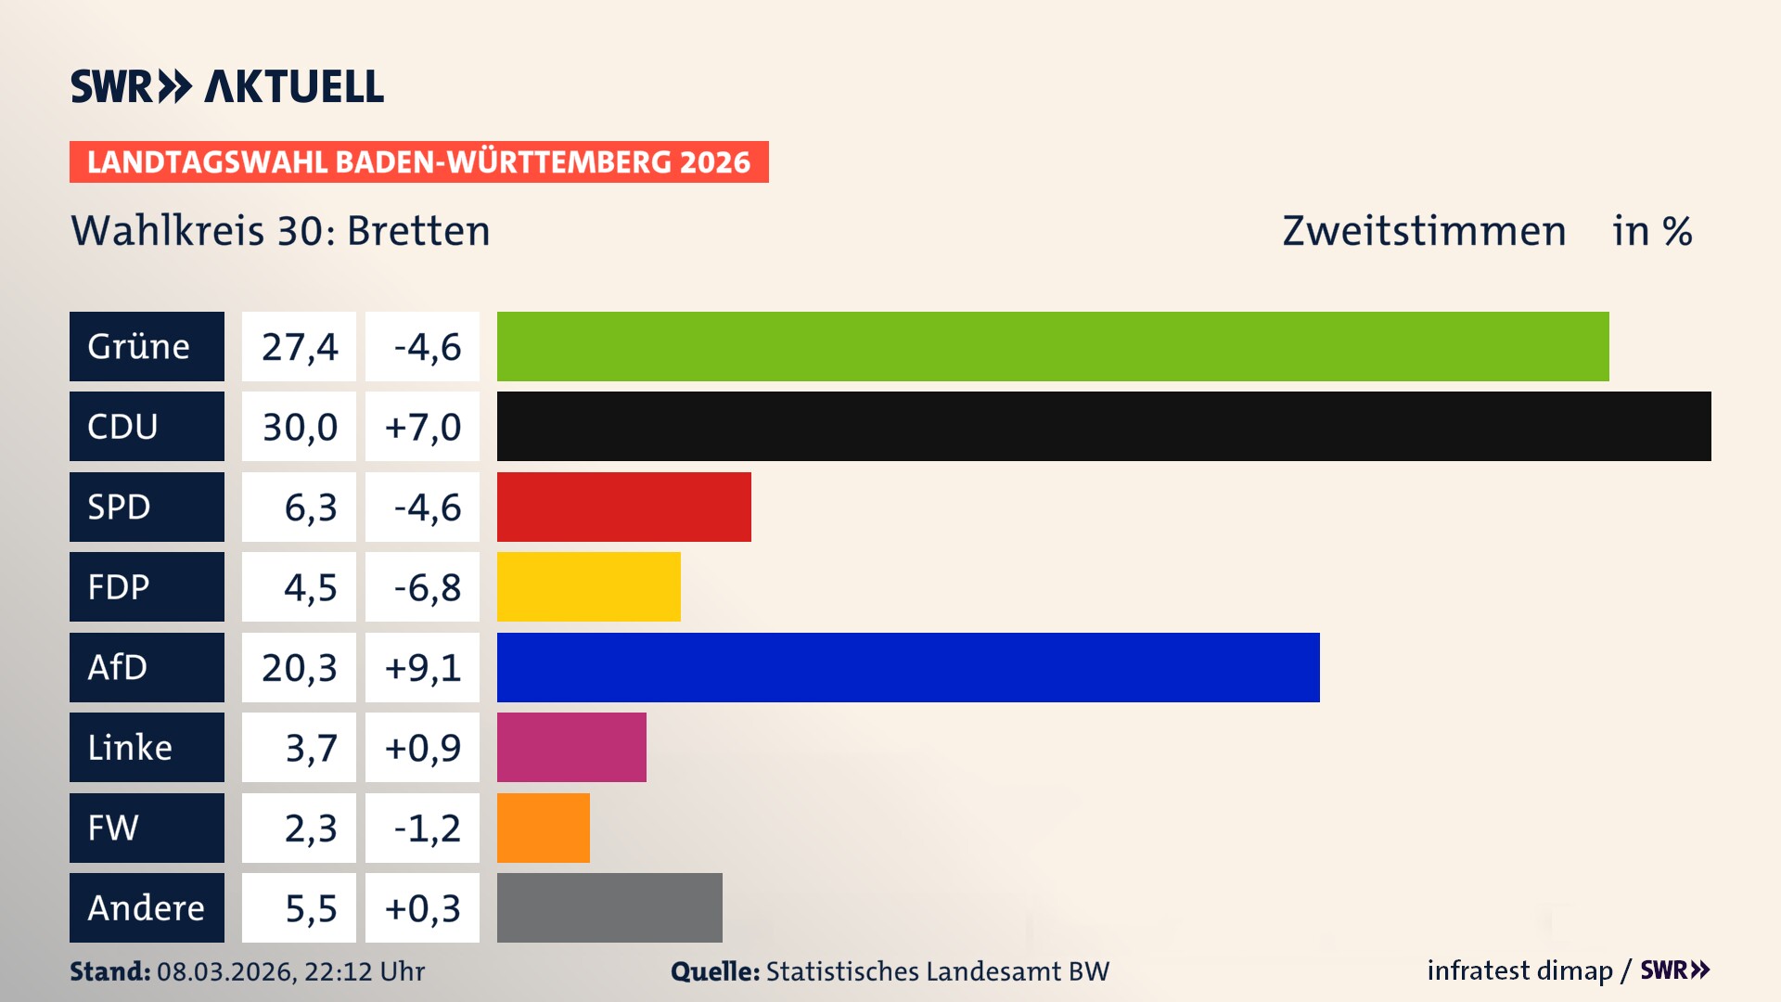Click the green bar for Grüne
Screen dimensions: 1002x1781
(1053, 346)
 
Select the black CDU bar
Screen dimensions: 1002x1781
(1104, 427)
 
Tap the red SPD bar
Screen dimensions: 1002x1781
(623, 507)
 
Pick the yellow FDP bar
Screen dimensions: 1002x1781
(588, 586)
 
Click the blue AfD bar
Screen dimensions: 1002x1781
(907, 667)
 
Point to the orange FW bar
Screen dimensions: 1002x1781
(543, 828)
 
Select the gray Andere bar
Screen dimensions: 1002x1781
(609, 907)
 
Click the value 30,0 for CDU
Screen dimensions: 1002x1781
(299, 427)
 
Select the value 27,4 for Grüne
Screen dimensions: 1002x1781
(299, 346)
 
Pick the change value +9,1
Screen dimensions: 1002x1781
(422, 667)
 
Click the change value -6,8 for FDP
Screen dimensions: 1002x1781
(426, 586)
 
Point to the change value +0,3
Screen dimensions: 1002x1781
(422, 907)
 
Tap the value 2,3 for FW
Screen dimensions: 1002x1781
(310, 828)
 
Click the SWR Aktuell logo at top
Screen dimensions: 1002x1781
(226, 86)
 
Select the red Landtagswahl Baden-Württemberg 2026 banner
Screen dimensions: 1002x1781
(418, 161)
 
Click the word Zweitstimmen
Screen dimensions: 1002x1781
(1424, 231)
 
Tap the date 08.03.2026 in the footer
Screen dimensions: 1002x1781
(224, 971)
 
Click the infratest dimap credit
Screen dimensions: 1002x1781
(1519, 970)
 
